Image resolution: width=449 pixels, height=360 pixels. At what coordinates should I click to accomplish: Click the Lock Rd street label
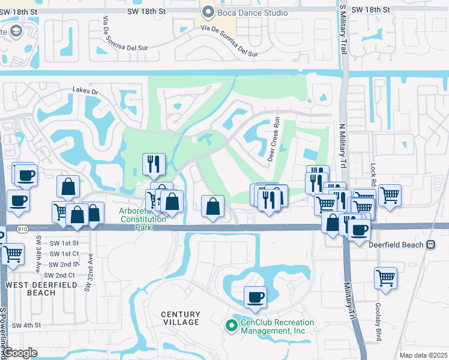(x=373, y=174)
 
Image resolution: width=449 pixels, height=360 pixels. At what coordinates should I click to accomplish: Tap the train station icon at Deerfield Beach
(x=430, y=245)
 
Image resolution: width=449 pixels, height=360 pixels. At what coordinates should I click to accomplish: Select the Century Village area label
(x=180, y=318)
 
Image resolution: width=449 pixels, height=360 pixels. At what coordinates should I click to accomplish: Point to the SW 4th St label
(x=25, y=325)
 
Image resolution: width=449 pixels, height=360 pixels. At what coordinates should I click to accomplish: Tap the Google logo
(x=20, y=353)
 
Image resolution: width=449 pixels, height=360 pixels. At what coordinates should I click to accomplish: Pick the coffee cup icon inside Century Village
(x=255, y=297)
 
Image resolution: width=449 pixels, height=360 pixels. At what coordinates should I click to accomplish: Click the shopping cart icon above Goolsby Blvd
(x=385, y=278)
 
